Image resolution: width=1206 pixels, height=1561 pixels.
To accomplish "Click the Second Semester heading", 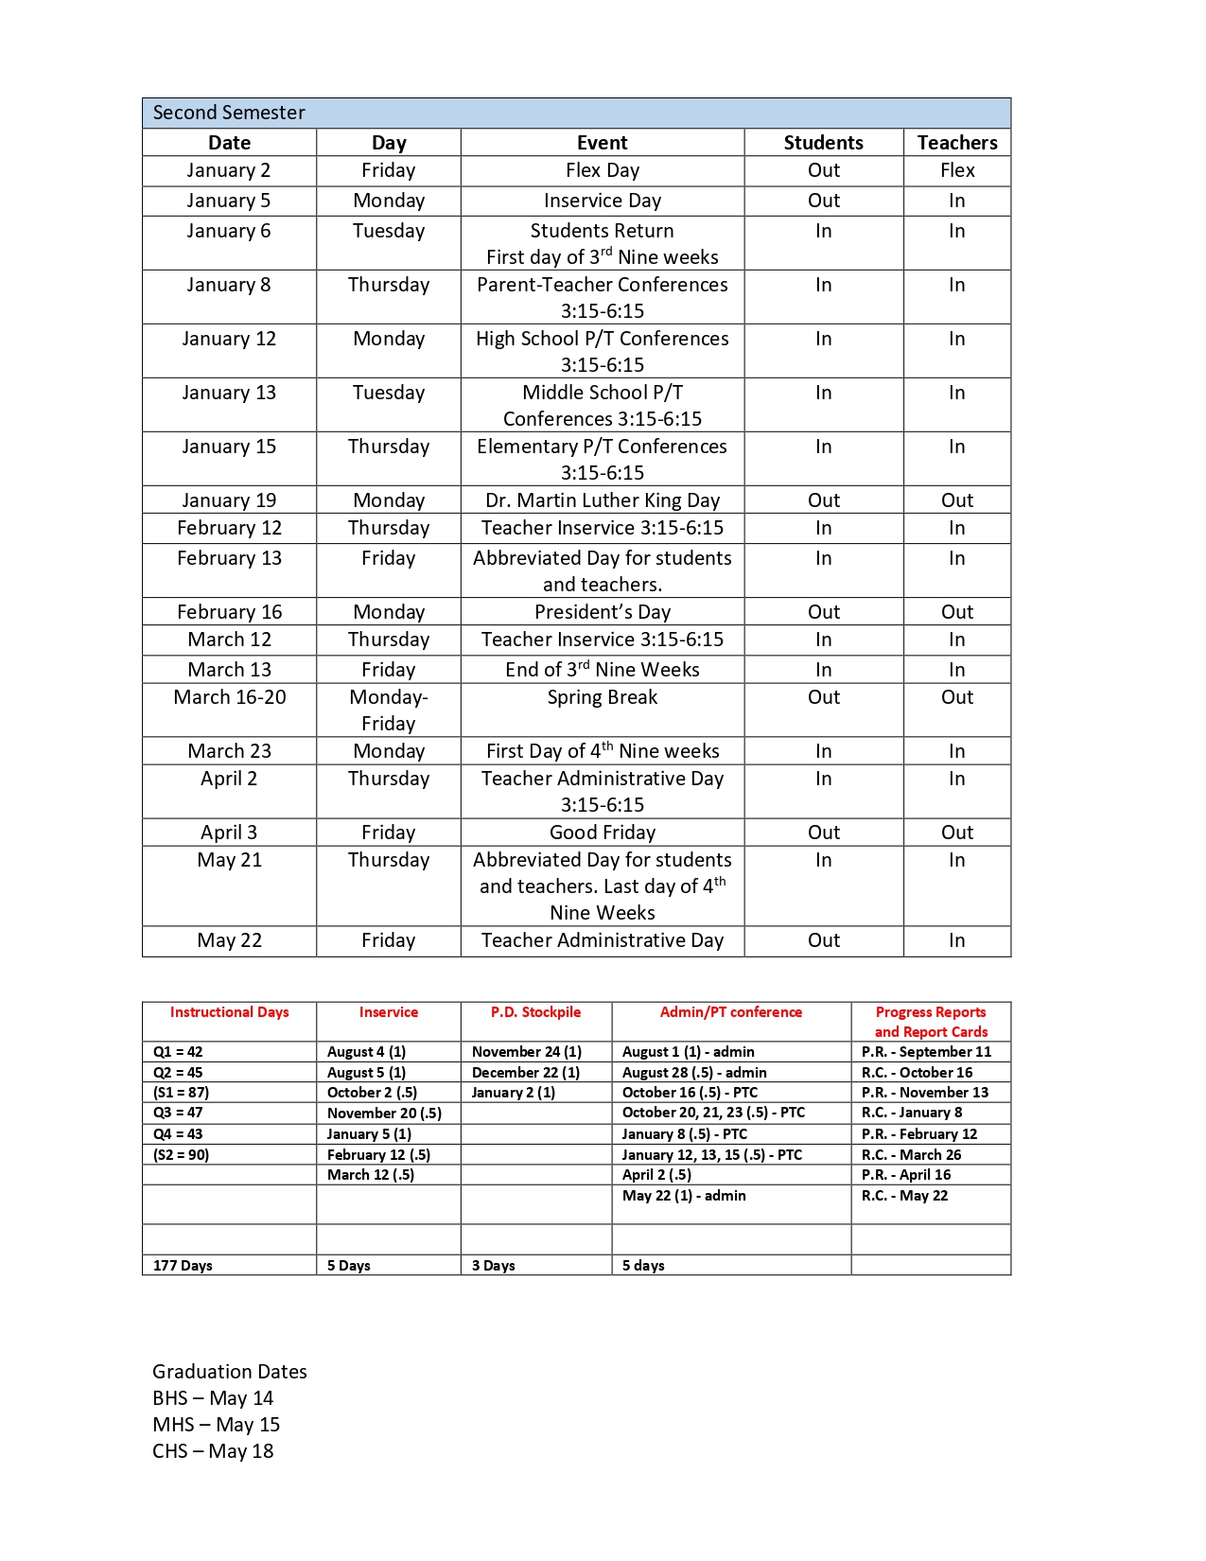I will coord(229,113).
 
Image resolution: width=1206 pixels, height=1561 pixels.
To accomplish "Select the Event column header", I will coord(602,143).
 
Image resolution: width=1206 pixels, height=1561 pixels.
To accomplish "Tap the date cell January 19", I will coord(229,500).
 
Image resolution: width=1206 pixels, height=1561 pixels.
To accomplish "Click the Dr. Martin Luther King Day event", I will coord(602,500).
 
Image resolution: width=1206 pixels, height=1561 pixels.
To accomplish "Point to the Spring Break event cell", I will coord(602,697).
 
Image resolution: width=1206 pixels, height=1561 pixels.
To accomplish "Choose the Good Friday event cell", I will coord(602,833).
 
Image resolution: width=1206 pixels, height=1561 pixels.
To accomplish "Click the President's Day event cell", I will coord(602,612).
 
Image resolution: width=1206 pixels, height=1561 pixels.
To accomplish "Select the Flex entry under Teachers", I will coord(956,170).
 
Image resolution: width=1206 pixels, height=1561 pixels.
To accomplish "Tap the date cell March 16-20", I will coord(229,697).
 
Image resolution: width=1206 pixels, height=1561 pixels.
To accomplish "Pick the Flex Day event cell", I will coord(602,170).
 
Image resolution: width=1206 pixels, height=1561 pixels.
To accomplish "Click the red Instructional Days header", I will coord(229,1012).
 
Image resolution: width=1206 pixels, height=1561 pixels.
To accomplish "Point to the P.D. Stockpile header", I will coord(535,1012).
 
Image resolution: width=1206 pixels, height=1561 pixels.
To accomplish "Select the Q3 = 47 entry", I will coord(178,1113).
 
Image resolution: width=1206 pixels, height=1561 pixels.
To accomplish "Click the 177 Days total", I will coord(183,1266).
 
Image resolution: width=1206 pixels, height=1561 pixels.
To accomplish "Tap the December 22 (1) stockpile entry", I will coord(526,1073).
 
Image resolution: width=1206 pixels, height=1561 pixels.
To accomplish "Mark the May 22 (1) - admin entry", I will coord(684,1196).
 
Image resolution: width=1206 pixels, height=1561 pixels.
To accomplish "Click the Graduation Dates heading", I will coord(229,1372).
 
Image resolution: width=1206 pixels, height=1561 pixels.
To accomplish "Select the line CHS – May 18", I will coord(213,1451).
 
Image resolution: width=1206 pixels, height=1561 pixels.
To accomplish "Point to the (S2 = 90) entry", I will coord(181,1155).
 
